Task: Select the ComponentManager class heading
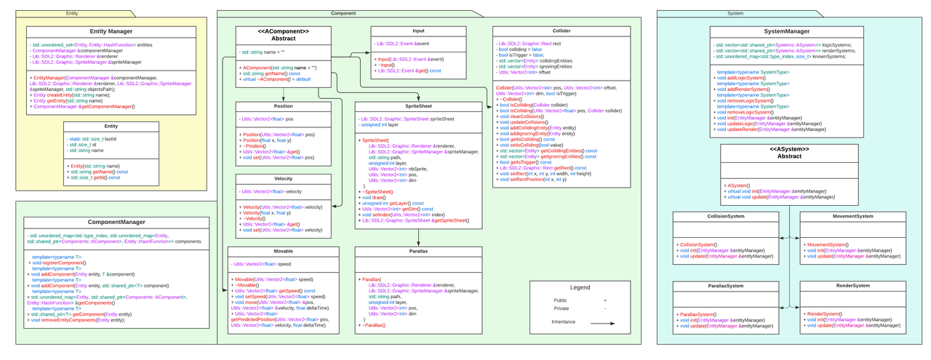[x=111, y=221]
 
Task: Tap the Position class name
[x=283, y=105]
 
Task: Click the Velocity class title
[x=283, y=178]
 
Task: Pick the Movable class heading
[x=283, y=251]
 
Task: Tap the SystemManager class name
[x=786, y=32]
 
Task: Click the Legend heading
[x=580, y=287]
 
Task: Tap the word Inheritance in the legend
[x=563, y=321]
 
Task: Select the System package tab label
[x=735, y=13]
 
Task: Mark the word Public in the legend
[x=559, y=300]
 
